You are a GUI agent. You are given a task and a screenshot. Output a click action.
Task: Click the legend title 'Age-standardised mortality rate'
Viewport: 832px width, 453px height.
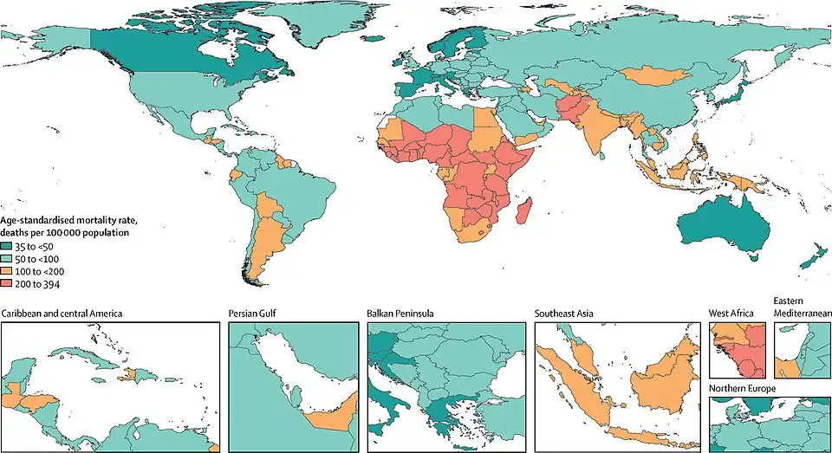coord(70,222)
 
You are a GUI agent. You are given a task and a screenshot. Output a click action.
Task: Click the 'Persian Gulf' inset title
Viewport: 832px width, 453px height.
coord(255,313)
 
